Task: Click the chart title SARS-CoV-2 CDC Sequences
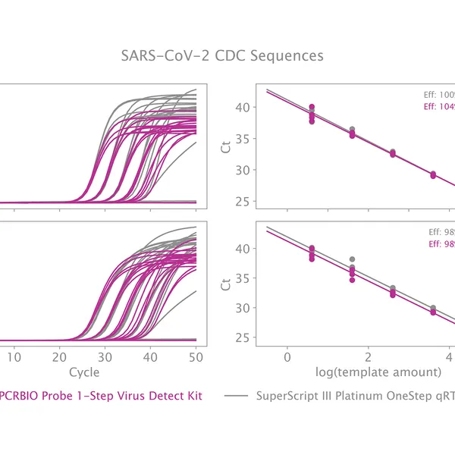pyautogui.click(x=222, y=56)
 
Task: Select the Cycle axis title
pyautogui.click(x=83, y=372)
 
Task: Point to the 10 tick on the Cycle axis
pyautogui.click(x=14, y=356)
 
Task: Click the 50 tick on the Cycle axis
pyautogui.click(x=195, y=356)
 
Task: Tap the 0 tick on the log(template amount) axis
pyautogui.click(x=287, y=356)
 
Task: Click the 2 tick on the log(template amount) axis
pyautogui.click(x=368, y=356)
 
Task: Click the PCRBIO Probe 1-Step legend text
pyautogui.click(x=101, y=396)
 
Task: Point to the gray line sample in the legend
pyautogui.click(x=237, y=396)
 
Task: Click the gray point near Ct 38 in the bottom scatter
pyautogui.click(x=352, y=259)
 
